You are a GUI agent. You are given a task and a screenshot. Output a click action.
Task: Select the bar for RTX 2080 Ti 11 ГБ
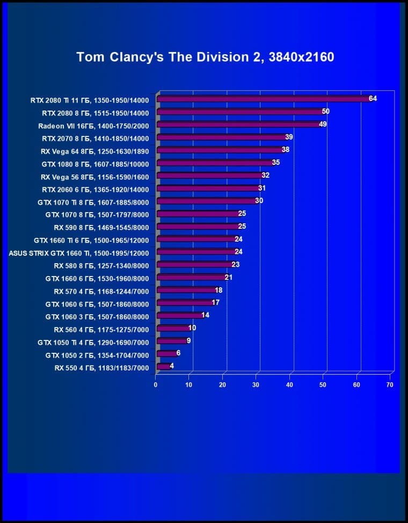pos(263,99)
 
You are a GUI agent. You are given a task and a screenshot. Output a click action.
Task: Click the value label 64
pos(373,99)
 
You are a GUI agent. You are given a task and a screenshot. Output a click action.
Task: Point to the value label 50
pos(325,112)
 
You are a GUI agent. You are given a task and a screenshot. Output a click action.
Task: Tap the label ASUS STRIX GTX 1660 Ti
pos(79,252)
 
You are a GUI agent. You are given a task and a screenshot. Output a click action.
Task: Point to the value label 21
pos(228,278)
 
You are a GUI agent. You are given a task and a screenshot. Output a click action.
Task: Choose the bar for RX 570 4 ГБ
pos(186,290)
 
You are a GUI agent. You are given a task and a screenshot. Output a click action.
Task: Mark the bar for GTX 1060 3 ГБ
pos(179,316)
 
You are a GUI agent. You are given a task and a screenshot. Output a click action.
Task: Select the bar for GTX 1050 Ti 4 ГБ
pos(171,342)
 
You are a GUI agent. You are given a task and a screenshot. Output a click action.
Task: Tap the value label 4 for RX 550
pos(172,366)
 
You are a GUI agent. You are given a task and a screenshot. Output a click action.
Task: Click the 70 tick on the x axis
pos(390,384)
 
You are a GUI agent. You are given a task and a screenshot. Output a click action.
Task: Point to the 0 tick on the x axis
pos(156,384)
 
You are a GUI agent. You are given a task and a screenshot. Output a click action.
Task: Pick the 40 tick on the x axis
pos(290,384)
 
